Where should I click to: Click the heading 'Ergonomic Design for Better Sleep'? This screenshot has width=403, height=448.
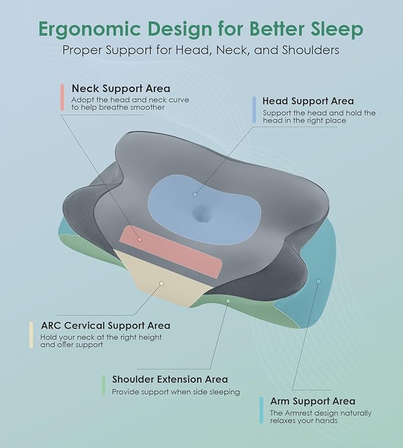tap(201, 29)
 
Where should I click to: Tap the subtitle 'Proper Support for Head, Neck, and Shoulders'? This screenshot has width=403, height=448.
tap(201, 50)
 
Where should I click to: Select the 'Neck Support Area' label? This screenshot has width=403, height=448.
tap(120, 89)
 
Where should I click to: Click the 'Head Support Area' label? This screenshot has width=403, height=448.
tap(307, 101)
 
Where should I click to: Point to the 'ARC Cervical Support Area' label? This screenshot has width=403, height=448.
tap(106, 326)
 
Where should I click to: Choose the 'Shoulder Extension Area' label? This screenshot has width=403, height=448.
tap(170, 379)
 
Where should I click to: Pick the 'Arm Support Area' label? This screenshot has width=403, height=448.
tap(312, 401)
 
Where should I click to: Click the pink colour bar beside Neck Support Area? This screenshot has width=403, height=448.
tap(62, 97)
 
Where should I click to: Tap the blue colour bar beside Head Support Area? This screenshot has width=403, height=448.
tap(254, 110)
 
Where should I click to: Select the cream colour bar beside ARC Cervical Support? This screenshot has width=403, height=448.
tap(31, 335)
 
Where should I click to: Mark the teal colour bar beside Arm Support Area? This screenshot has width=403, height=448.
tap(261, 411)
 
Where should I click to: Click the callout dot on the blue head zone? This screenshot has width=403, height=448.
tap(195, 194)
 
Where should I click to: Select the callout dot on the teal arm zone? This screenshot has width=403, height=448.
tap(318, 281)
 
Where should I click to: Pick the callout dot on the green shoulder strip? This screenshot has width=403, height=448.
tap(228, 301)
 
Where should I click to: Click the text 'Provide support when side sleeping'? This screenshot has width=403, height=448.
tap(176, 392)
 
